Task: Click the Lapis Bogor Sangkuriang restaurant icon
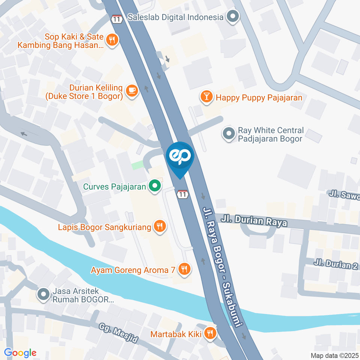pyautogui.click(x=160, y=226)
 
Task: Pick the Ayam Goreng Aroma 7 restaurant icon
pyautogui.click(x=184, y=269)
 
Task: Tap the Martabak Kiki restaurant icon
pyautogui.click(x=210, y=333)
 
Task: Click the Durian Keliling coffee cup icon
pyautogui.click(x=132, y=90)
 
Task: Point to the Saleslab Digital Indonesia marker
pyautogui.click(x=233, y=16)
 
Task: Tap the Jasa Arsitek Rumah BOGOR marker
pyautogui.click(x=43, y=294)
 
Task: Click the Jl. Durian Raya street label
pyautogui.click(x=254, y=220)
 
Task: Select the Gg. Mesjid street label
pyautogui.click(x=119, y=334)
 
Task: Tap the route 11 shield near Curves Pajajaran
pyautogui.click(x=182, y=194)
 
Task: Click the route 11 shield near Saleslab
pyautogui.click(x=117, y=19)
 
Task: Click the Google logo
pyautogui.click(x=20, y=352)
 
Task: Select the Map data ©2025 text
pyautogui.click(x=334, y=355)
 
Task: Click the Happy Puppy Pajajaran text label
pyautogui.click(x=259, y=98)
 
